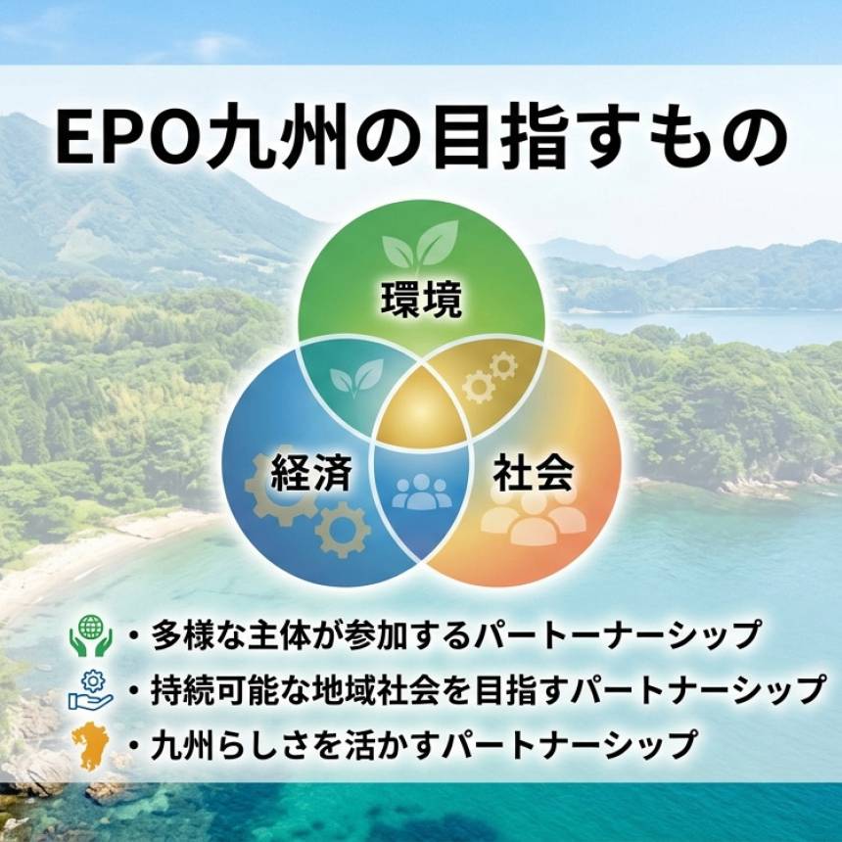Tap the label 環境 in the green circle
pyautogui.click(x=421, y=301)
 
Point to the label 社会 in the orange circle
pyautogui.click(x=533, y=474)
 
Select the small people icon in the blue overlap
pyautogui.click(x=422, y=491)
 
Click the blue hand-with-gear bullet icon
pyautogui.click(x=90, y=689)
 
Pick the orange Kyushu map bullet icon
pyautogui.click(x=90, y=743)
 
